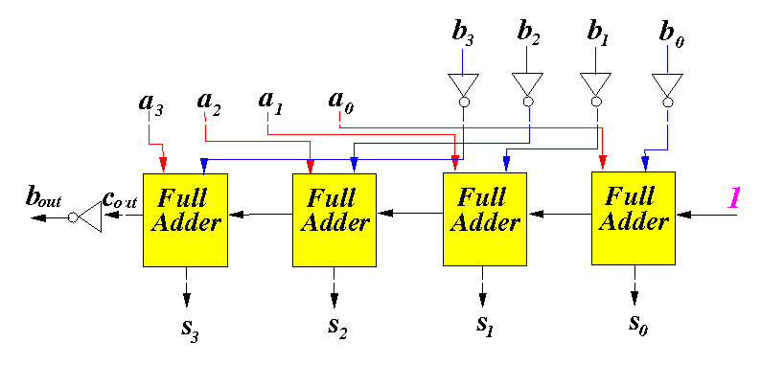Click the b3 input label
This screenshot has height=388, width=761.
463,34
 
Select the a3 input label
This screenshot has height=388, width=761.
150,103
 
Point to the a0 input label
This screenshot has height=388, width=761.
340,102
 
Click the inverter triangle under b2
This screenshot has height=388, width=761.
527,83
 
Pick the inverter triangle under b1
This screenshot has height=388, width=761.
595,83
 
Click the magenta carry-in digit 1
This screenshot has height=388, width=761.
733,198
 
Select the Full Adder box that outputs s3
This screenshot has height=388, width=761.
185,220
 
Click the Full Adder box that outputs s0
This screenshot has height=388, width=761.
634,218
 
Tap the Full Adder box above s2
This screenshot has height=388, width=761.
334,220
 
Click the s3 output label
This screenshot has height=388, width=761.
190,331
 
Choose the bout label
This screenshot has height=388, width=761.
44,197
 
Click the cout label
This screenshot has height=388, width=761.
120,199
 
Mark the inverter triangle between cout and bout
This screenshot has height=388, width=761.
90,217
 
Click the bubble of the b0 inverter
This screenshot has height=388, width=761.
668,102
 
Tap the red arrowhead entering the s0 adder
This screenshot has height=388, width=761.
602,162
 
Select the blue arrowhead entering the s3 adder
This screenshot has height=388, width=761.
204,166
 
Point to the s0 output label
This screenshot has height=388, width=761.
637,325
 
